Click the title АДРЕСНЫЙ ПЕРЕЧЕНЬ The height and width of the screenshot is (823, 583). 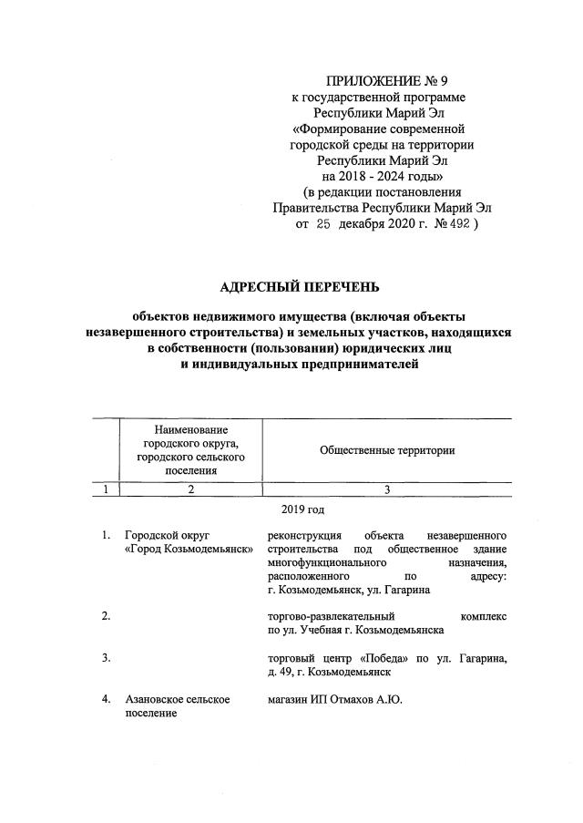292,289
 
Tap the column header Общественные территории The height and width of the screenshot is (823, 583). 387,450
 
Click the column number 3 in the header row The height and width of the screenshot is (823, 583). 387,489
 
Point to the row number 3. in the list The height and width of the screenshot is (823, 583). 107,657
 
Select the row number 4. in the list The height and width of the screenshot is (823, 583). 107,699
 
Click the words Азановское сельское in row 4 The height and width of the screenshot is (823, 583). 177,699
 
